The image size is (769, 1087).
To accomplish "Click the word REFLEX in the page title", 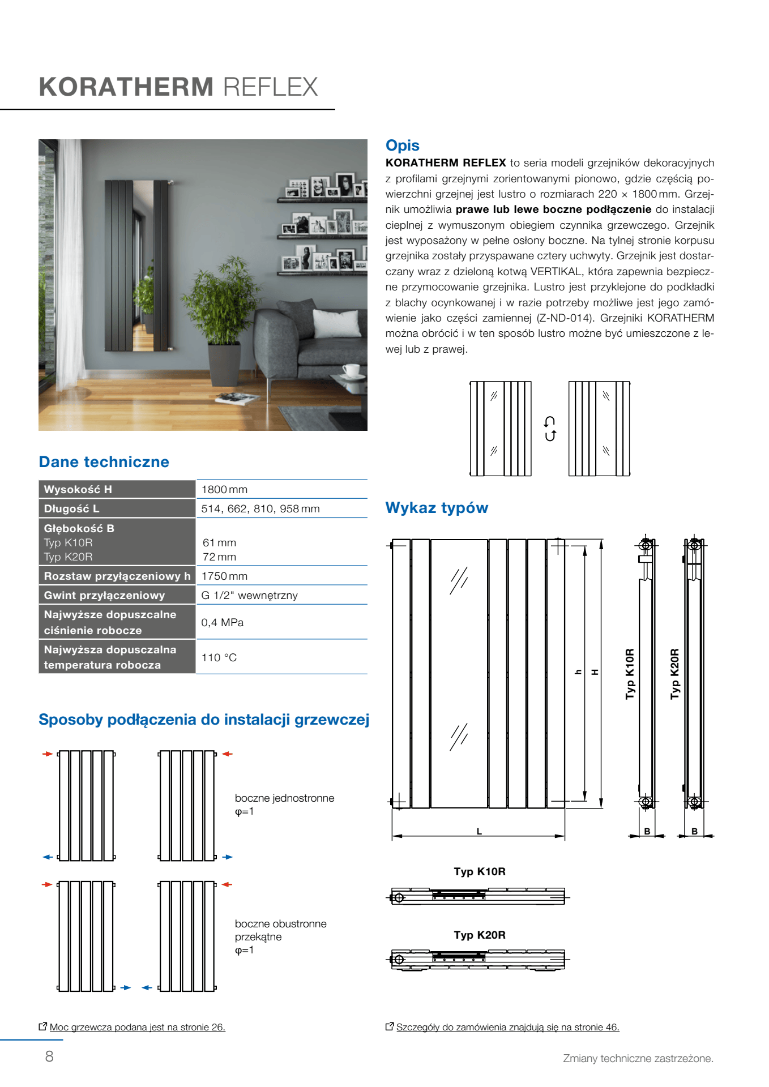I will [270, 87].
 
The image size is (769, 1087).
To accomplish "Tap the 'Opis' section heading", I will [402, 145].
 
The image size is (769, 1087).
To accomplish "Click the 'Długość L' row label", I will [71, 508].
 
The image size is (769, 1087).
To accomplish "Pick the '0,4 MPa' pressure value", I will [222, 622].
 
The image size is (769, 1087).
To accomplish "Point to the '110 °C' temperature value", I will [219, 657].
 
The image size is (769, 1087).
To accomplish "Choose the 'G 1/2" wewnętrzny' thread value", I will [249, 595].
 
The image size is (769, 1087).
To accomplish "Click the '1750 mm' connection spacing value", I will [224, 576].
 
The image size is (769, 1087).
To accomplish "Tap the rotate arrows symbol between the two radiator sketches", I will [550, 429].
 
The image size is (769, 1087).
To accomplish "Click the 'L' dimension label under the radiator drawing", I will [479, 832].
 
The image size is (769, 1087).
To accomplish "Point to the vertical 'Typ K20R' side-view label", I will [674, 674].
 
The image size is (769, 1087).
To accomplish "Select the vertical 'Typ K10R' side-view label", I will [630, 674].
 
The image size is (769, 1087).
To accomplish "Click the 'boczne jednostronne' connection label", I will [284, 798].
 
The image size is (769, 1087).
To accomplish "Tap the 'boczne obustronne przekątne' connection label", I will [280, 930].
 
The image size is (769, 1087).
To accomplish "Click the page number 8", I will [49, 1056].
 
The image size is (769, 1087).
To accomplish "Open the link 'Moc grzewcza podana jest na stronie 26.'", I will [137, 1027].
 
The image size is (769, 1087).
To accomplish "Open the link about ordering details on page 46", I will [507, 1027].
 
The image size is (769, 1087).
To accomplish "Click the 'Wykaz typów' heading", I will [437, 508].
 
